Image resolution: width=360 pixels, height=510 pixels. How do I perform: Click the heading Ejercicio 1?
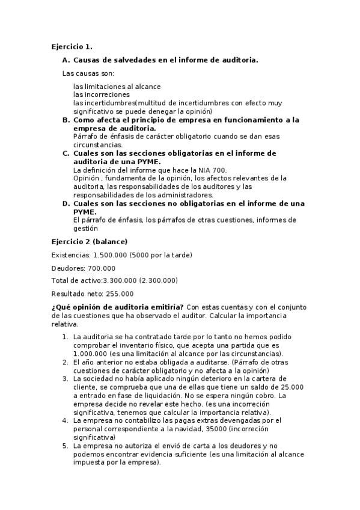point(72,46)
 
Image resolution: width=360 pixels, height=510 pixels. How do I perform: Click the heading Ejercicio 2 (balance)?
point(90,242)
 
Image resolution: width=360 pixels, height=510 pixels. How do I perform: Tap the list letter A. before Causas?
point(66,60)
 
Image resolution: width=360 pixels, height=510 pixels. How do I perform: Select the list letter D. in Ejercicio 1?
point(66,204)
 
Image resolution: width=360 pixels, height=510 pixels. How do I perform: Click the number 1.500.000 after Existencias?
point(112,255)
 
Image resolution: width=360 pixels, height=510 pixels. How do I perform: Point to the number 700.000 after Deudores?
point(102,268)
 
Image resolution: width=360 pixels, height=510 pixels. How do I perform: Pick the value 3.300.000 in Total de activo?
point(120,281)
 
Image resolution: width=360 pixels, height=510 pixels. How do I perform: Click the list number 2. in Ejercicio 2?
point(66,362)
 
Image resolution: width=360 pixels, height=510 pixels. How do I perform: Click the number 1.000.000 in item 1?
point(94,354)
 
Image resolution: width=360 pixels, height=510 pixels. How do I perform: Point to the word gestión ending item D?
point(85,229)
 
